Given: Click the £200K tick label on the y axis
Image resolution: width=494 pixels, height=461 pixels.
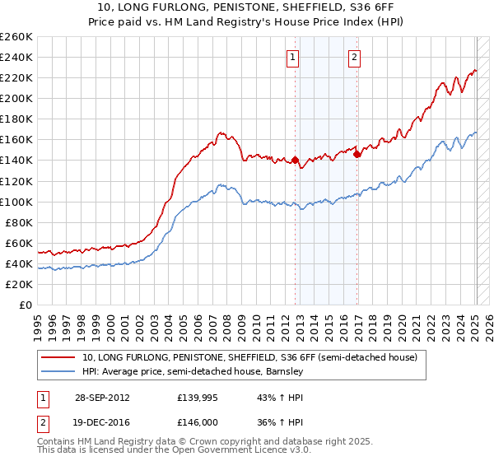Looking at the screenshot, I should (16, 98).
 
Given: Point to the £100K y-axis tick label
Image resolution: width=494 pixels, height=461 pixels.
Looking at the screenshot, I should (16, 202).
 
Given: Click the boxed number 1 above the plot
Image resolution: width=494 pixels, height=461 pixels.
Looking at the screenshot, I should (294, 58).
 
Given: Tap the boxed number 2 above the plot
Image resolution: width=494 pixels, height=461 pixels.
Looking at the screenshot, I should (354, 58).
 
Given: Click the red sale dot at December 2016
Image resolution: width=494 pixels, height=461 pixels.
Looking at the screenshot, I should (357, 153).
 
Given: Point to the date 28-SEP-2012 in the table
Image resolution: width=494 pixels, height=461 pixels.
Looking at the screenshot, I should (102, 397).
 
